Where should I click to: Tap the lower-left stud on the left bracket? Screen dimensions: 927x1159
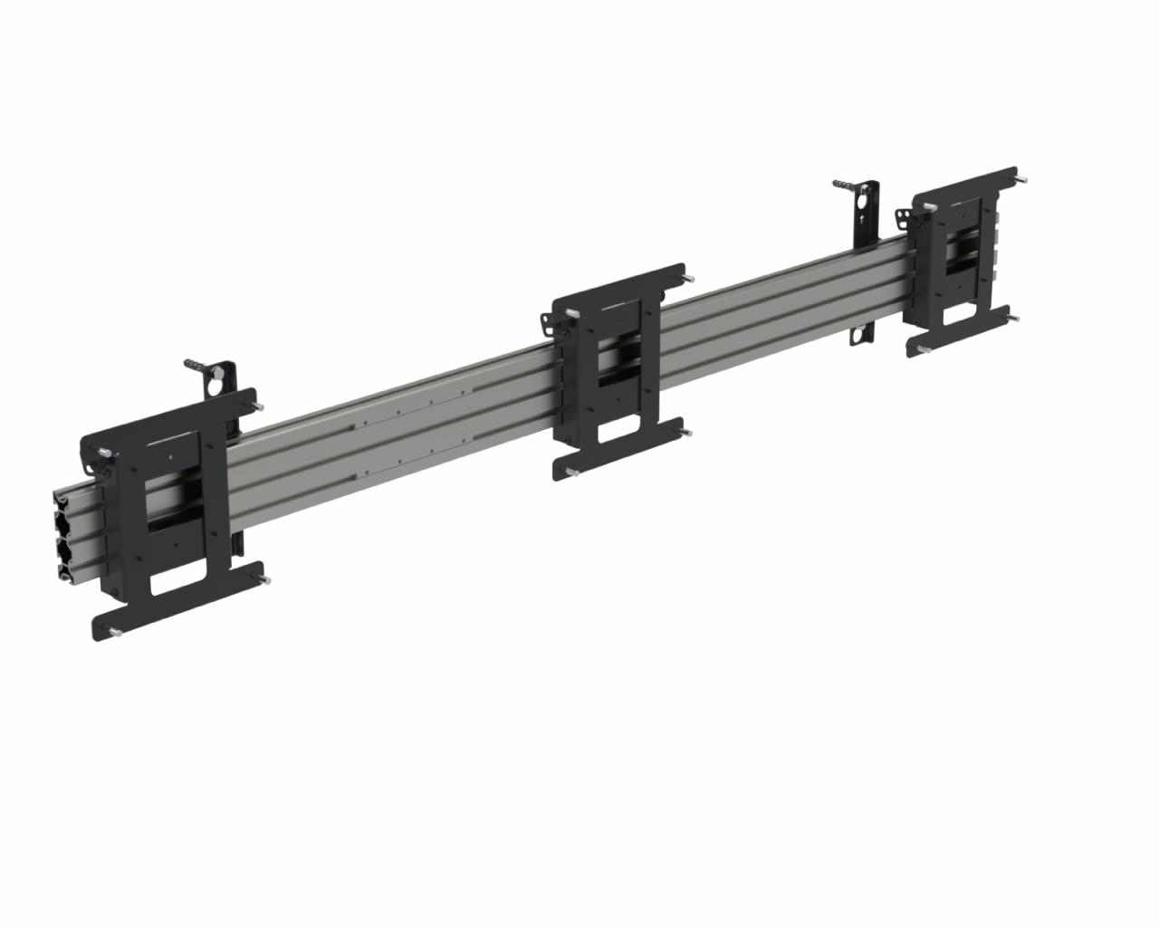tap(114, 632)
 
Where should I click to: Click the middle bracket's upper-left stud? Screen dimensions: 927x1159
tap(572, 313)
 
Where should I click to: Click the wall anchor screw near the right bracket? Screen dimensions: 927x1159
tap(845, 186)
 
